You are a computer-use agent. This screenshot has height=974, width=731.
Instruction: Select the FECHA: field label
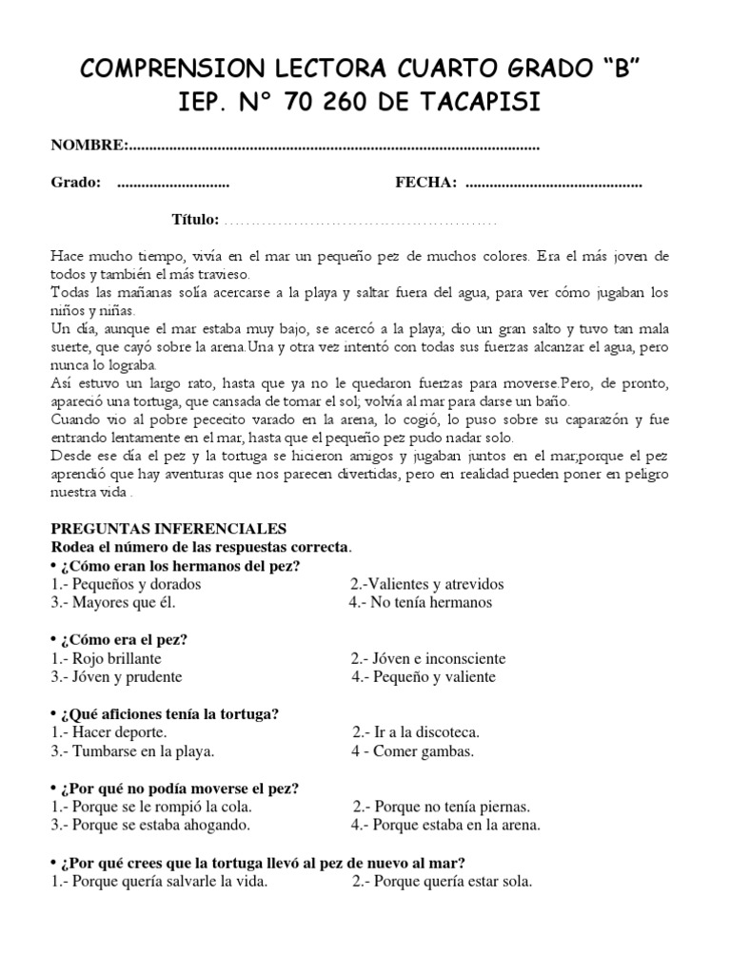[425, 183]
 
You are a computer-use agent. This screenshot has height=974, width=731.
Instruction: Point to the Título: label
[195, 220]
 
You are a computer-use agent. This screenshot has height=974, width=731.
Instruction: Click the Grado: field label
[76, 183]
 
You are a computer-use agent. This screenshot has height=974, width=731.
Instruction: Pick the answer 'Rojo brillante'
[106, 658]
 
